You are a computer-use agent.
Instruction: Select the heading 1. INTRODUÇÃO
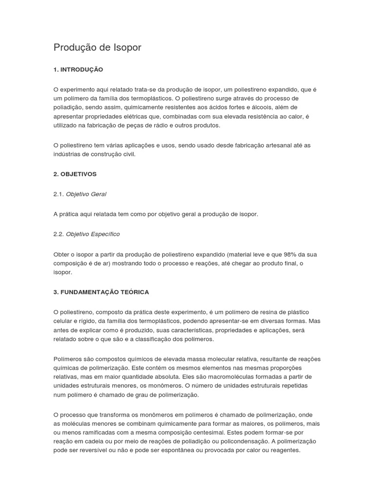tap(78, 70)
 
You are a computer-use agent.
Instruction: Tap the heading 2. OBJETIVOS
tap(75, 174)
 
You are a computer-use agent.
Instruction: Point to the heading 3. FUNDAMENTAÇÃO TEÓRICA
tap(101, 292)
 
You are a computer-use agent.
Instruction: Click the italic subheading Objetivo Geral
tap(86, 194)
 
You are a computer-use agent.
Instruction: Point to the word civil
tap(127, 154)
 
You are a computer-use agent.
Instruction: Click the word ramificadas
tap(99, 432)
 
